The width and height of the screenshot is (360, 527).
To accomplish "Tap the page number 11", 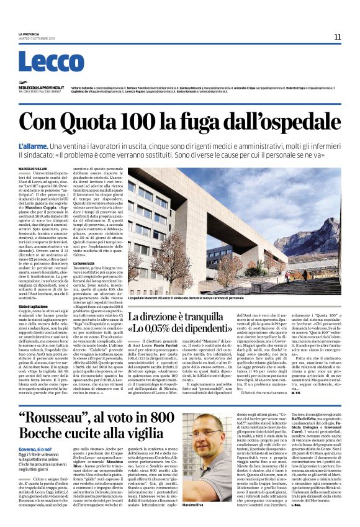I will pos(338,37).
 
